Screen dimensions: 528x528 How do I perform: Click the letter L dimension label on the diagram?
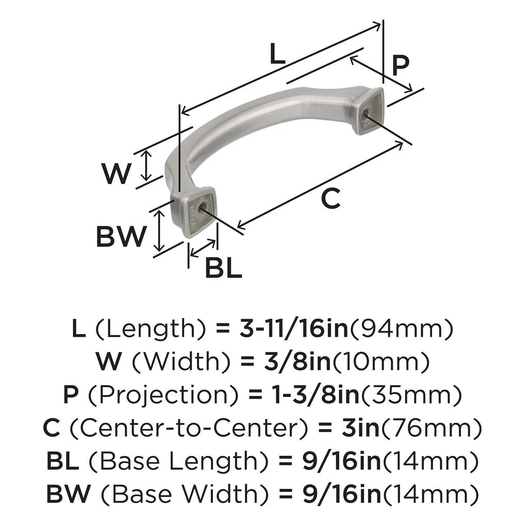pos(278,54)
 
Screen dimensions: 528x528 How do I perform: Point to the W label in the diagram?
pos(116,173)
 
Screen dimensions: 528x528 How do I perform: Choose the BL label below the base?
pos(223,268)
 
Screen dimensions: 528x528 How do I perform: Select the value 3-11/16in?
pos(294,328)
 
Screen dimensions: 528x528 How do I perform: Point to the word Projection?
pos(163,394)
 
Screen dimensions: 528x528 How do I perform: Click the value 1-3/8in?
pos(316,394)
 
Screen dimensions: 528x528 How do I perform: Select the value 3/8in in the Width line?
pos(297,361)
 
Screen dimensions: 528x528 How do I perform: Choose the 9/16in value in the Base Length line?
pos(341,460)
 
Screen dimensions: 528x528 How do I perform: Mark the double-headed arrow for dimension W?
pos(146,166)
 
